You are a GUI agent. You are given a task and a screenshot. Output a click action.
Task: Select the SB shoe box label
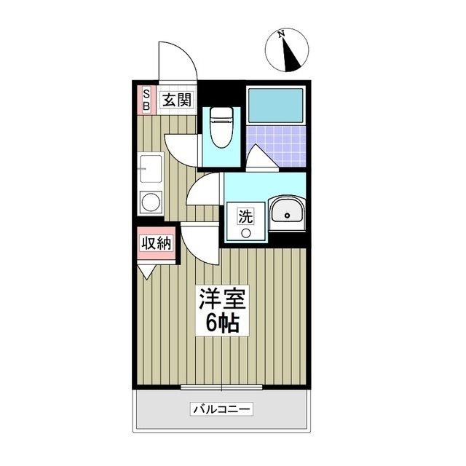pyautogui.click(x=146, y=100)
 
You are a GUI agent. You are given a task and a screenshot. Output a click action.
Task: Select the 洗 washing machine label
pyautogui.click(x=246, y=216)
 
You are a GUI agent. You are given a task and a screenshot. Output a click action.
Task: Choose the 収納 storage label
pyautogui.click(x=157, y=243)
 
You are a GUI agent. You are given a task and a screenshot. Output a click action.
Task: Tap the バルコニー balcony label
pyautogui.click(x=221, y=410)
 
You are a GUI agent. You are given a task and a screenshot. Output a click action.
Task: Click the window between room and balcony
pyautogui.click(x=221, y=385)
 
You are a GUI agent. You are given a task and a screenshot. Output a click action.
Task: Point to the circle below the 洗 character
pyautogui.click(x=246, y=234)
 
